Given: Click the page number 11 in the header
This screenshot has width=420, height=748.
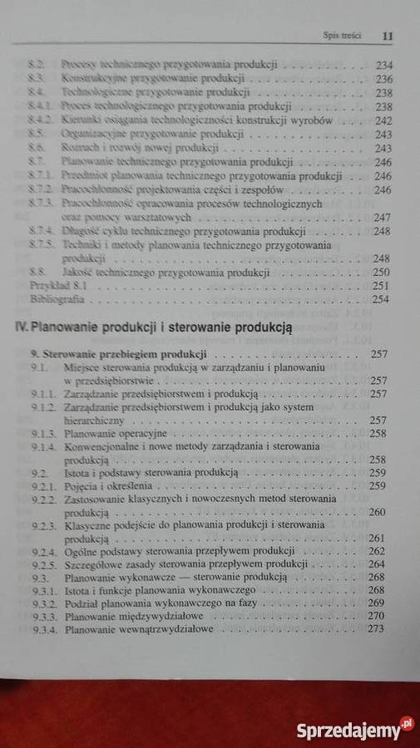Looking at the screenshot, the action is pyautogui.click(x=386, y=37).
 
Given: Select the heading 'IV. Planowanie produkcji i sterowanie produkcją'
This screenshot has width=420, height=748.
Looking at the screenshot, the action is pyautogui.click(x=159, y=327).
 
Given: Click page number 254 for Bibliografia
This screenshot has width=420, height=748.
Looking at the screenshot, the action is pyautogui.click(x=382, y=299).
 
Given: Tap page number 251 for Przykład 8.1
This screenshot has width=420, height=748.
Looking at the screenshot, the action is pyautogui.click(x=382, y=285).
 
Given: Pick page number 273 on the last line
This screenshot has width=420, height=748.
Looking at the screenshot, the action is pyautogui.click(x=379, y=629).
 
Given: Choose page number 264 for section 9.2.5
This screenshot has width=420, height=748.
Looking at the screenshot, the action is pyautogui.click(x=379, y=563).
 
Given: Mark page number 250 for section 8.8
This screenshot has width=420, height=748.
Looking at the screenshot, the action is pyautogui.click(x=382, y=272).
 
